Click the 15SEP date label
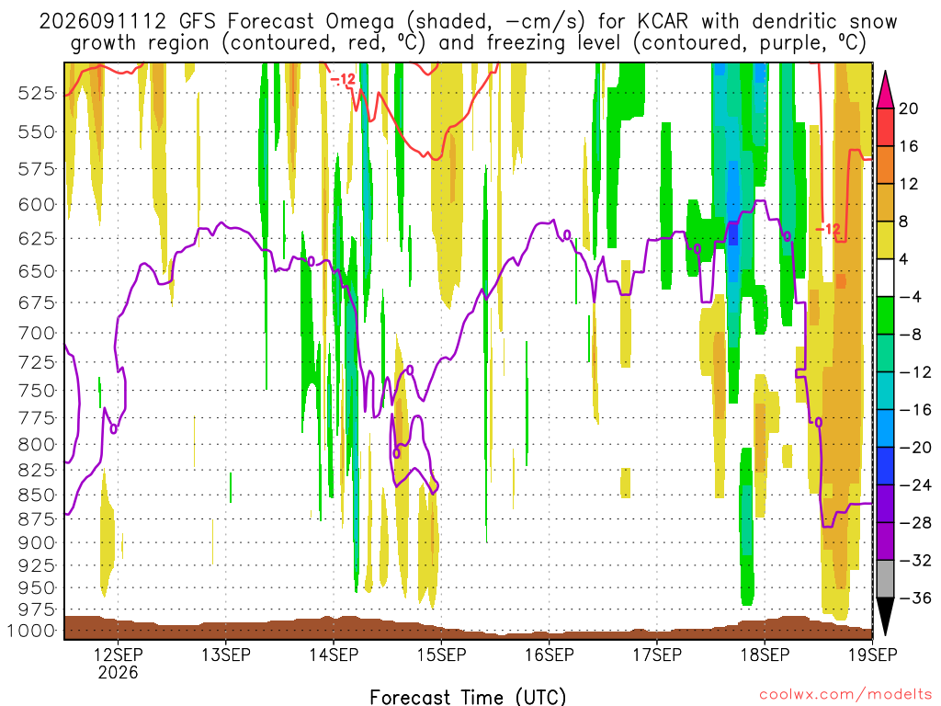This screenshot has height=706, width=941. point(442,655)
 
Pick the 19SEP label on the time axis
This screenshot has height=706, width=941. point(873,655)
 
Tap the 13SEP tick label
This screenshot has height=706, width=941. point(226,655)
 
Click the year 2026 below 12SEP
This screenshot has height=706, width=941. point(118,672)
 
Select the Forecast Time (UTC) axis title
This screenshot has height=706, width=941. point(468,697)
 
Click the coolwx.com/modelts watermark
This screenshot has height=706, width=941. point(845,695)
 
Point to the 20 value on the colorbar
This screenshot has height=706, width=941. point(908,108)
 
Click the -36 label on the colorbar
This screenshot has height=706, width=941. point(915,598)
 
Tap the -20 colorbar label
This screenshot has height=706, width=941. point(915,448)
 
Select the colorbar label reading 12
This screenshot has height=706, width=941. point(908,184)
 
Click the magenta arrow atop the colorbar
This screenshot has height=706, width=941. point(885,90)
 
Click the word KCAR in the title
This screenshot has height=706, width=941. point(663,22)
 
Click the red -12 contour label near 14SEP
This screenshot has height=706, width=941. point(343,79)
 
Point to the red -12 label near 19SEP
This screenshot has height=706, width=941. point(828,229)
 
